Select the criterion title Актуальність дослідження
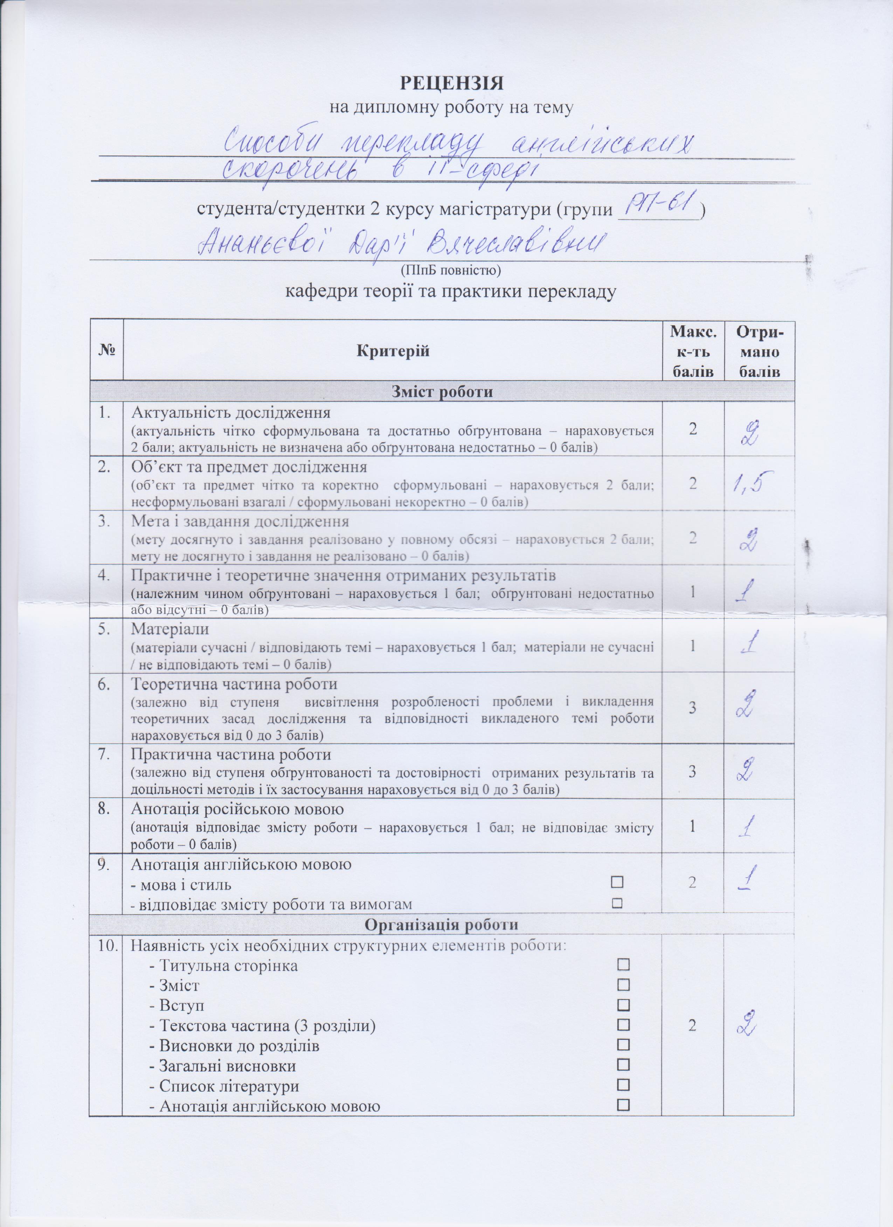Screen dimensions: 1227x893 (231, 413)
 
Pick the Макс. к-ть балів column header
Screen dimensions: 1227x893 (692, 350)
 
